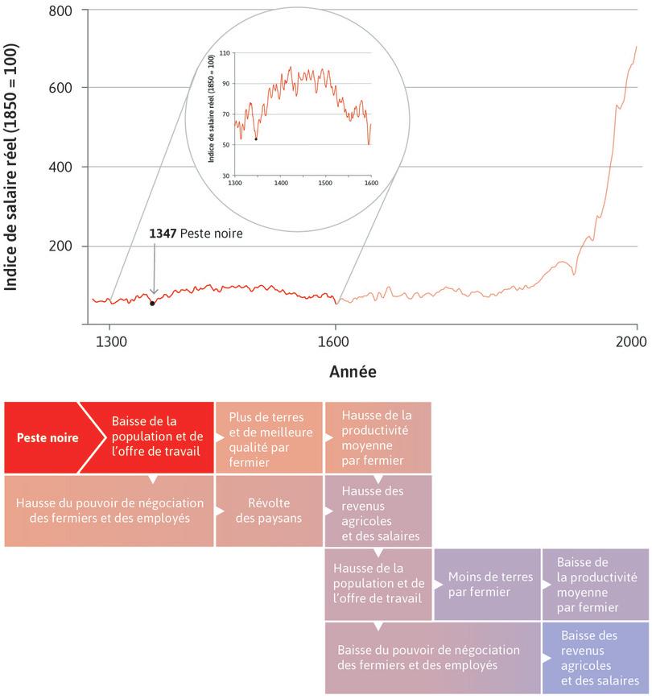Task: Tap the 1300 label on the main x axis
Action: point(109,341)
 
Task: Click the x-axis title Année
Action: point(352,373)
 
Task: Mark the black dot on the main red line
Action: point(152,304)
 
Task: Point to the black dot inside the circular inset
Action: point(256,139)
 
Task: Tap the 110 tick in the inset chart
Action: point(225,52)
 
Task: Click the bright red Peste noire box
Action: point(48,438)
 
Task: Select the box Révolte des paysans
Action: point(269,511)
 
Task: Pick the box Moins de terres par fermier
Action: point(487,584)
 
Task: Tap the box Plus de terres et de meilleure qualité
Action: point(269,438)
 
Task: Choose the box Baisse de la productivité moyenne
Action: point(596,584)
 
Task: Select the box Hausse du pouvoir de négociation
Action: point(109,511)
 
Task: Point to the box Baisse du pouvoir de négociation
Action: point(432,657)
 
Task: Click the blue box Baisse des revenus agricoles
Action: point(596,657)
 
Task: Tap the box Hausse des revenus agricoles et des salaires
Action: point(378,511)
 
